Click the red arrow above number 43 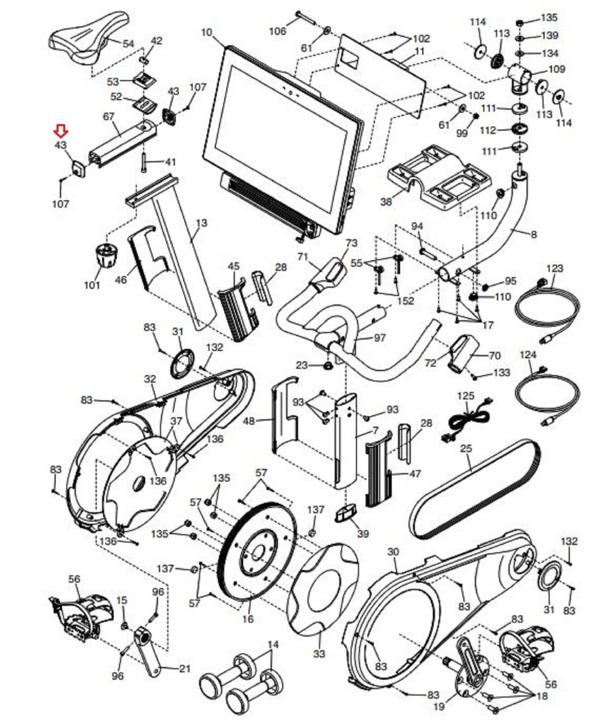(x=61, y=131)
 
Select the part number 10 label (x=207, y=33)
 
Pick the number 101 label (x=92, y=285)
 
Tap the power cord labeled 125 (x=467, y=419)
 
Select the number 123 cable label (x=554, y=268)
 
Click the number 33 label (x=319, y=653)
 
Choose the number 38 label (x=386, y=201)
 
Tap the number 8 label (x=534, y=234)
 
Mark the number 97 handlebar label (x=379, y=338)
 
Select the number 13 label (x=202, y=223)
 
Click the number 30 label (x=393, y=552)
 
